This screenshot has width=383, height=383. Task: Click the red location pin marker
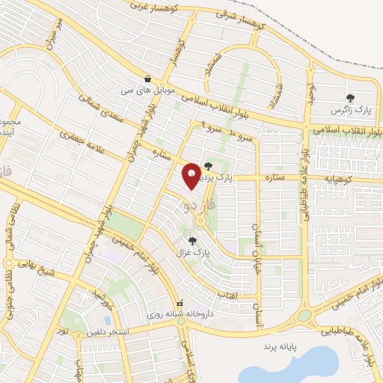pyautogui.click(x=192, y=176)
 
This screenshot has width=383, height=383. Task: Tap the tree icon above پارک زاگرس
pyautogui.click(x=349, y=97)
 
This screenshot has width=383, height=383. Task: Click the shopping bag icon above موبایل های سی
pyautogui.click(x=148, y=78)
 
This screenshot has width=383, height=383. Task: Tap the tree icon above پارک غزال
pyautogui.click(x=194, y=240)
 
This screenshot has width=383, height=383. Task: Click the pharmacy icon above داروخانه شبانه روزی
pyautogui.click(x=180, y=303)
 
